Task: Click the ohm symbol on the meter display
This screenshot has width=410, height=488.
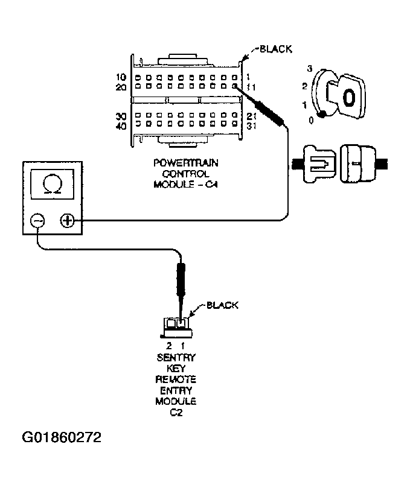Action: [x=53, y=184]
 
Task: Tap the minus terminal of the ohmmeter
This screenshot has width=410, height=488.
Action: [x=37, y=221]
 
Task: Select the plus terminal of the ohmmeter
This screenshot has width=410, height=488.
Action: [x=67, y=221]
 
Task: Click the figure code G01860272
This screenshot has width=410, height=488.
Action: [x=62, y=437]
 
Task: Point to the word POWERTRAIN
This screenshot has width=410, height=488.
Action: [x=186, y=163]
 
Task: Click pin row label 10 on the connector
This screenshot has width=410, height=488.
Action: [x=121, y=77]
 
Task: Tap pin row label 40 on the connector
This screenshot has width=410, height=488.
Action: [x=121, y=126]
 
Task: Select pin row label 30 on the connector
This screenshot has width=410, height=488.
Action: [x=121, y=116]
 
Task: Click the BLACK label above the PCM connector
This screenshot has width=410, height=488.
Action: [x=276, y=49]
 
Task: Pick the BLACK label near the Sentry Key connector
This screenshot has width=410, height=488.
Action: [x=222, y=305]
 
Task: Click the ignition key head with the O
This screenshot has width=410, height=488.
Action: [x=347, y=95]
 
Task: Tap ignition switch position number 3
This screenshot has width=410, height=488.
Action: [x=309, y=69]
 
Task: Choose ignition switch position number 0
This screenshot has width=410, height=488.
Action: [x=311, y=120]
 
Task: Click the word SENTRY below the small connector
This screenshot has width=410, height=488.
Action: [x=176, y=358]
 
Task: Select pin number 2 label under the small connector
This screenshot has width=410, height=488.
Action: [x=169, y=346]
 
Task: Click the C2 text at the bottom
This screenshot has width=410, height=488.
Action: [x=176, y=413]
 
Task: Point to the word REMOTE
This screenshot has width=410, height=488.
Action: [x=176, y=379]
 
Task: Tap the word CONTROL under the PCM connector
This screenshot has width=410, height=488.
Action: [x=186, y=174]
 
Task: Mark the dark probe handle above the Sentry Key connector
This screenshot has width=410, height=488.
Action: [x=181, y=279]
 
